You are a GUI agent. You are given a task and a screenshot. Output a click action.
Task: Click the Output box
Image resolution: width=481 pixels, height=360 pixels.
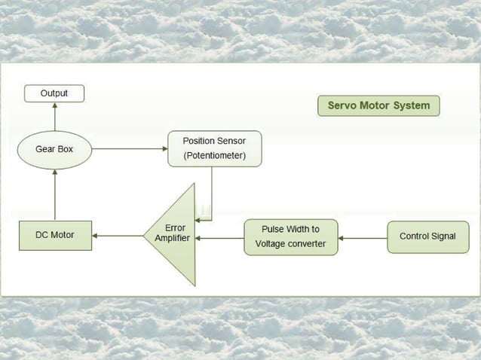[54, 93]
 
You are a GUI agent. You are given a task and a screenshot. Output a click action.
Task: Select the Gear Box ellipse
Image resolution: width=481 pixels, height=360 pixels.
[54, 149]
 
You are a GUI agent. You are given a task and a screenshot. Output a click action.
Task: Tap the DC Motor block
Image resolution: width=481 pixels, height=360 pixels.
[54, 235]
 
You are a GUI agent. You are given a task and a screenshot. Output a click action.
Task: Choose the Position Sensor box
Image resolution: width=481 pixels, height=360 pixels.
[214, 149]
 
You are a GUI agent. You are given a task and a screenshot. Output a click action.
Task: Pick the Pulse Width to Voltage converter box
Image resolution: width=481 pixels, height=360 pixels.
[290, 236]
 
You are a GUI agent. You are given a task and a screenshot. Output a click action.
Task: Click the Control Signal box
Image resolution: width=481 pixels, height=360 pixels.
[427, 236]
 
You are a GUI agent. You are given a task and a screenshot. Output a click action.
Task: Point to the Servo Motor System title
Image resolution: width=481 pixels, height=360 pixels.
[378, 105]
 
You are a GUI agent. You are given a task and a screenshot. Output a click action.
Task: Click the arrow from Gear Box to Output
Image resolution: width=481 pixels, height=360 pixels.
[54, 117]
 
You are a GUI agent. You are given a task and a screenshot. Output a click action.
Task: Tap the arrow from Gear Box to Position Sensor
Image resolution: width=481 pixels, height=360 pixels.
[128, 149]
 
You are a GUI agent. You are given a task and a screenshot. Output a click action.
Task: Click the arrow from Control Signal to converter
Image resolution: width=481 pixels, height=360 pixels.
[362, 237]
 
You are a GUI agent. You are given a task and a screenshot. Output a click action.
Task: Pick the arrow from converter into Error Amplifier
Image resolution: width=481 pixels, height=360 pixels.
[219, 237]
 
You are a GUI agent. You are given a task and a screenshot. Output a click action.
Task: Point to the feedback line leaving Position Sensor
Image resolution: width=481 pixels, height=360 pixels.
[211, 193]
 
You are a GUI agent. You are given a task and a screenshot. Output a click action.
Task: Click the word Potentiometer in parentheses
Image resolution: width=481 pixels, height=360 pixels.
[214, 157]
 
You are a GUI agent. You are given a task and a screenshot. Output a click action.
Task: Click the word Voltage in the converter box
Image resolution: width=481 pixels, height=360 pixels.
[272, 244]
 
